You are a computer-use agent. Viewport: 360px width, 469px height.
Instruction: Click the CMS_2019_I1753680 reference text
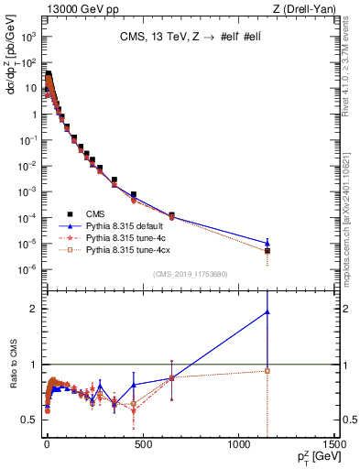(191, 272)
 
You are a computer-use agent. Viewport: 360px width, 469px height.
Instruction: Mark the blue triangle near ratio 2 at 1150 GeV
(267, 311)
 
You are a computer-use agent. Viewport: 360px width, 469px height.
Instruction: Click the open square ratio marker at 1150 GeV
(267, 370)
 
